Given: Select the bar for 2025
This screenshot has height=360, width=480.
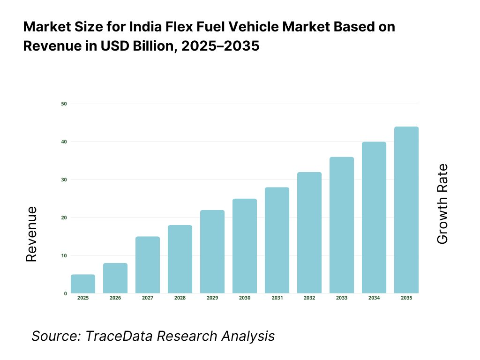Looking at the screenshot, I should click(83, 284).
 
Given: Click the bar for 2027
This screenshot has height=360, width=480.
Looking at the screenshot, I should click(148, 265).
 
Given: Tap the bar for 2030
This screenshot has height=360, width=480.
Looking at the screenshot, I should click(245, 246).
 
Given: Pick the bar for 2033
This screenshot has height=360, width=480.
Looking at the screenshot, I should click(342, 225).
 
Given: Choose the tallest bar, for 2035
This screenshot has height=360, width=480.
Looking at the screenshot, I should click(406, 210).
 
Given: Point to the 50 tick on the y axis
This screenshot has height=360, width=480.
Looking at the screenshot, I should click(64, 104).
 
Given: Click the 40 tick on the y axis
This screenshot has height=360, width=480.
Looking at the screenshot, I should click(64, 142).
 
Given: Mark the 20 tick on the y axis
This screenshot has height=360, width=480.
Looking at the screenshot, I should click(64, 217).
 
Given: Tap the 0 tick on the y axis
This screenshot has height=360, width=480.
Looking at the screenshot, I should click(65, 293).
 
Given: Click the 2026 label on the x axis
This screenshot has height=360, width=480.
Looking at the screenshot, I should click(115, 298).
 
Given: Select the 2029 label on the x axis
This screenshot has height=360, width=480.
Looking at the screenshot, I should click(212, 298).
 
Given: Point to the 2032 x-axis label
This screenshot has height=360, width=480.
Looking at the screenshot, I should click(309, 298).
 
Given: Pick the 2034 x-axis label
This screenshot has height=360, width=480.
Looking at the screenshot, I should click(374, 298).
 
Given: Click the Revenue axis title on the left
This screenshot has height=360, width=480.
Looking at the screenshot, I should click(31, 234).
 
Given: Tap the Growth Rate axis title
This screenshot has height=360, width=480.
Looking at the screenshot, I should click(442, 204).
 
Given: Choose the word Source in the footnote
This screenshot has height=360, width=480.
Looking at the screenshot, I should click(52, 336).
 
